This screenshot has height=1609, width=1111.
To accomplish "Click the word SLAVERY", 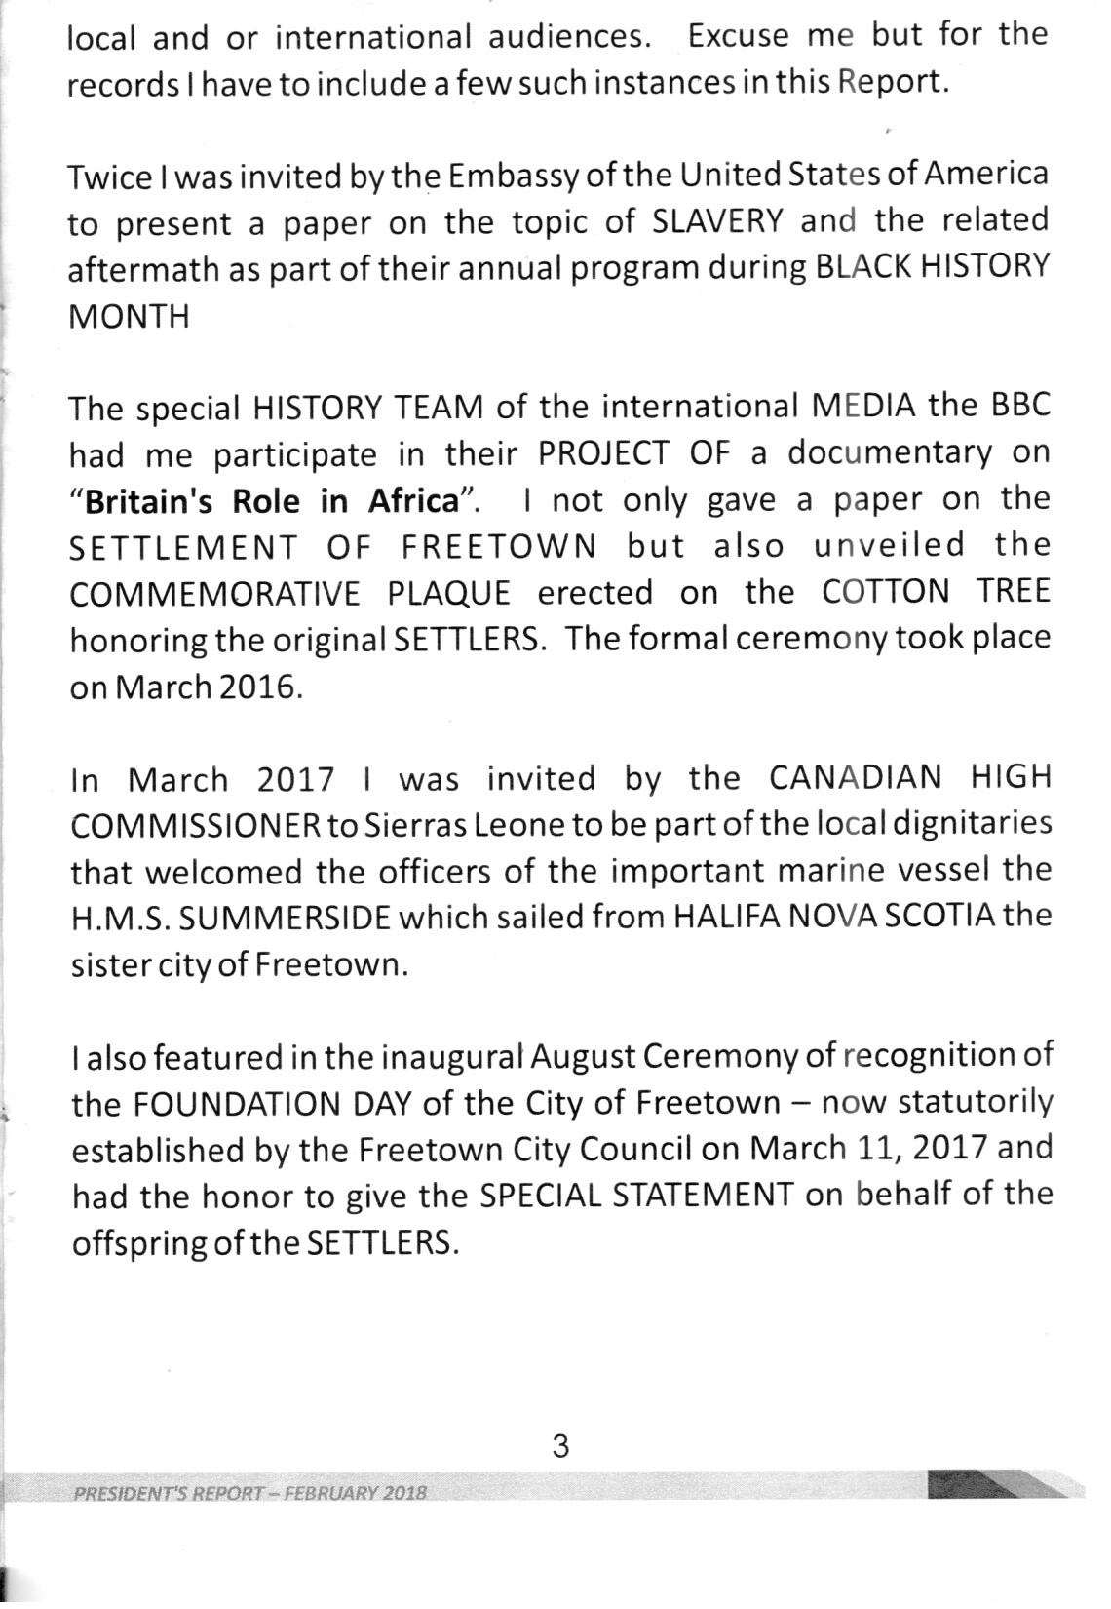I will click(x=716, y=222).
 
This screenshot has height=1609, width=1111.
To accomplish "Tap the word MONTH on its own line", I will click(x=129, y=317).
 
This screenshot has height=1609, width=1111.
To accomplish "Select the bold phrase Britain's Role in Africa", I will click(x=272, y=501).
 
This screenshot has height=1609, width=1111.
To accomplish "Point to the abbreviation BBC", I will click(x=1020, y=406).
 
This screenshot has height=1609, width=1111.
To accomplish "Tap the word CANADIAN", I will click(x=856, y=778).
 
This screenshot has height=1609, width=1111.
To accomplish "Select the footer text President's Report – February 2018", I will click(x=250, y=1494).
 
